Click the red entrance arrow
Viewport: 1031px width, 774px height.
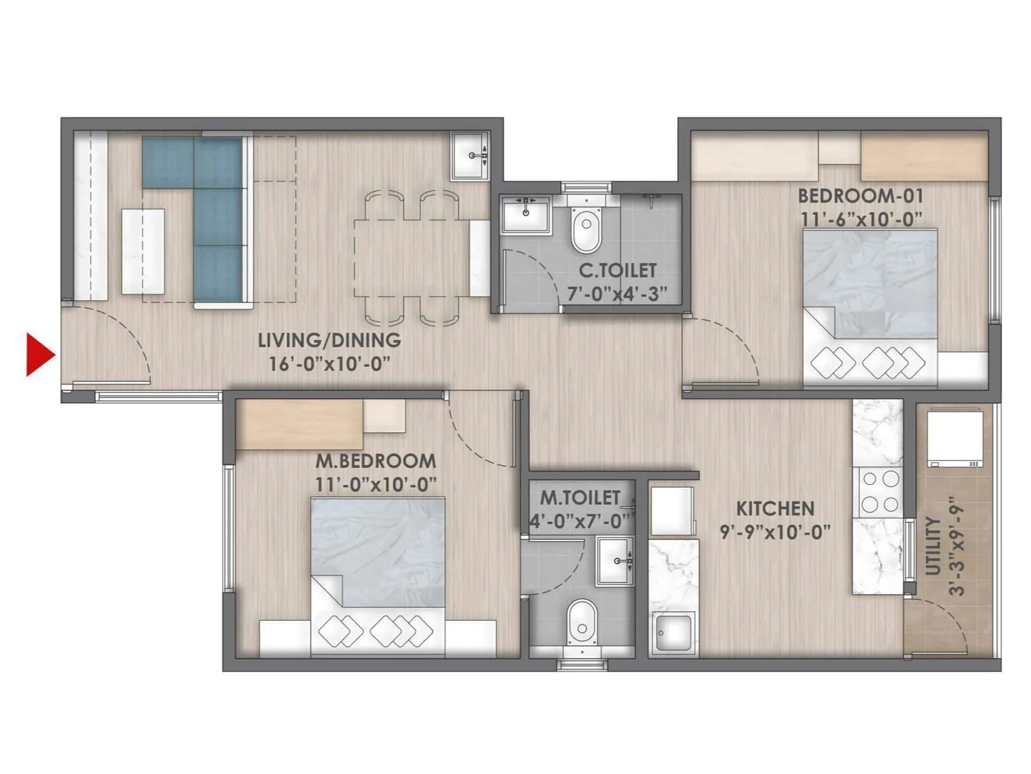pos(39,354)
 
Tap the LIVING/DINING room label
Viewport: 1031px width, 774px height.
pos(329,340)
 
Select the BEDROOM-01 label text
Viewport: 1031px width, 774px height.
pos(860,195)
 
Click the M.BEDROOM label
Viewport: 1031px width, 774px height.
pos(375,461)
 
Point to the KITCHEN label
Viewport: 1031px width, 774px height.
pos(775,508)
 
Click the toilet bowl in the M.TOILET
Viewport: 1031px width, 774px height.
pos(583,622)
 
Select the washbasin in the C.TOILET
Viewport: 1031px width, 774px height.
pos(526,213)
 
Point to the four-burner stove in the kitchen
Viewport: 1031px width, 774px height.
pos(880,491)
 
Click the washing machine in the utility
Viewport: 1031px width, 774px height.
pos(954,439)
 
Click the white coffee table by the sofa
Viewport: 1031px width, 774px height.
pos(143,252)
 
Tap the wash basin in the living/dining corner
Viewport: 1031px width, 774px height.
pos(470,155)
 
